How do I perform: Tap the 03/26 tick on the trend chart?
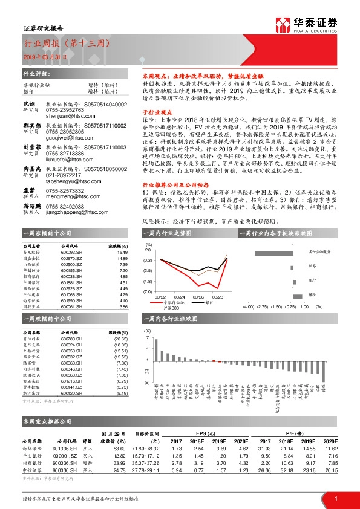tap(198, 297)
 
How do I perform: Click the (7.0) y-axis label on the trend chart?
tap(147, 291)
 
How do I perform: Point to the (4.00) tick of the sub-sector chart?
tap(247, 306)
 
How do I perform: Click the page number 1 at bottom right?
tap(335, 498)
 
